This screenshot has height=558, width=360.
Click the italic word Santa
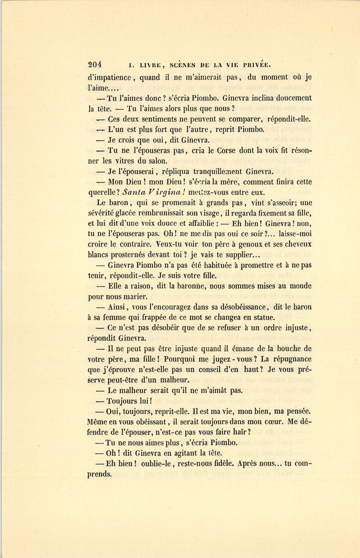click(x=135, y=193)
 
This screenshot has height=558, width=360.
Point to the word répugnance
click(x=292, y=359)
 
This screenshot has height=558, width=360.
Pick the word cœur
click(x=275, y=422)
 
